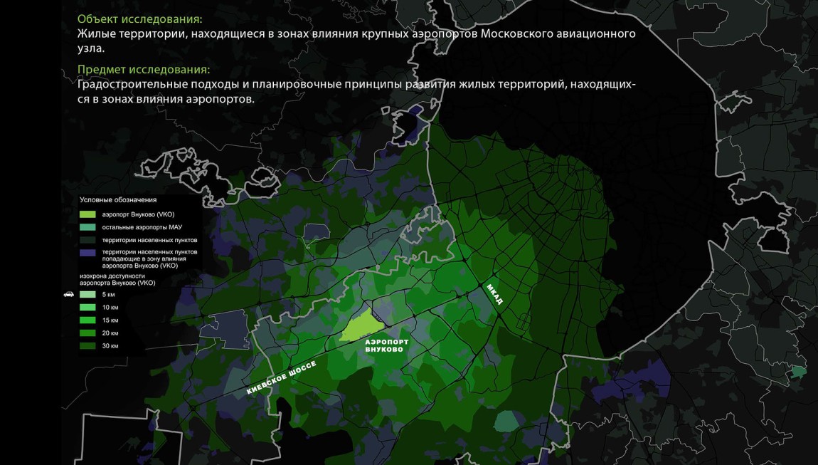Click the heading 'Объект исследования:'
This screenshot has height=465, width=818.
(139, 19)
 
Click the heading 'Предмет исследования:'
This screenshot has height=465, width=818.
(144, 70)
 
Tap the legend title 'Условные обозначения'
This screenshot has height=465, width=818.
(118, 200)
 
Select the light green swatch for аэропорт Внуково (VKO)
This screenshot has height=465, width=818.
(87, 214)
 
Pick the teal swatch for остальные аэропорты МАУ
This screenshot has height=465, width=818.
(87, 226)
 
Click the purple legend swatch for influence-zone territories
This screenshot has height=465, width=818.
(87, 254)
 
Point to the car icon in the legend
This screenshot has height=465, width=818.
(69, 294)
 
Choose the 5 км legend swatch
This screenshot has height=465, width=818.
(87, 294)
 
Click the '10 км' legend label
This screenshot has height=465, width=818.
(110, 307)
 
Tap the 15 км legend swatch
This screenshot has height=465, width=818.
(87, 320)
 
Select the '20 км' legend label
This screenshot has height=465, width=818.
(110, 333)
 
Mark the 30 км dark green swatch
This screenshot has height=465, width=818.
(87, 345)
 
